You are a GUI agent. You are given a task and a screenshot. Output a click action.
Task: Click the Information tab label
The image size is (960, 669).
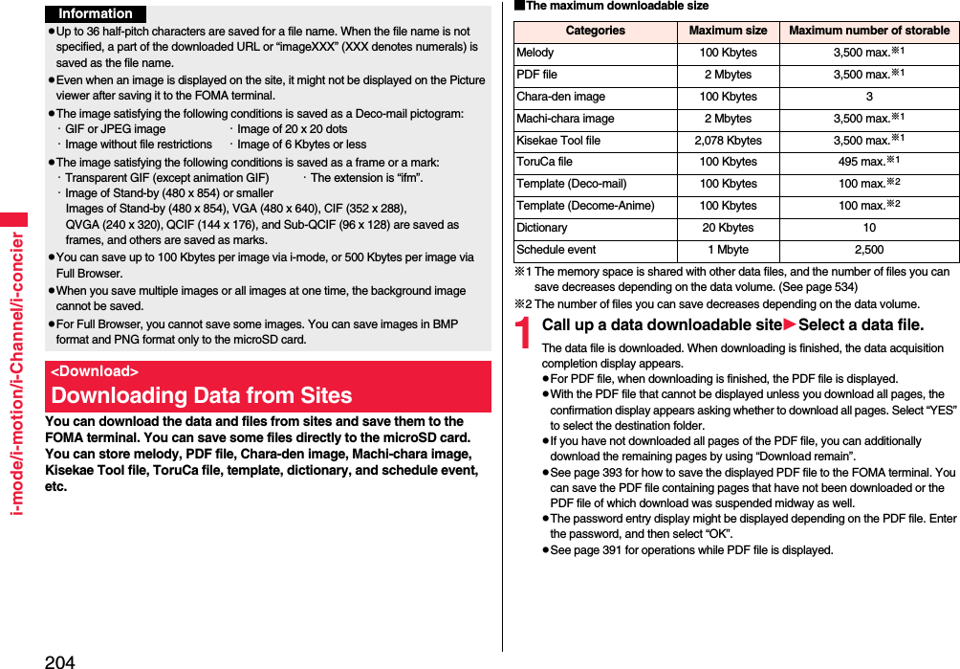coord(96,13)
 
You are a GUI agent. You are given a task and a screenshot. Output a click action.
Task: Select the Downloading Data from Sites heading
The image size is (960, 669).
coord(202,395)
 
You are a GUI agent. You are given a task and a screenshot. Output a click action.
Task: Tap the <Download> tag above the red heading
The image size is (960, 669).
coord(95,371)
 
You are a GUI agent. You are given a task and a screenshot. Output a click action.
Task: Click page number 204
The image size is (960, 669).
coord(59,660)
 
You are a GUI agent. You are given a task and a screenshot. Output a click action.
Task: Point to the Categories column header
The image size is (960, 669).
coord(595,31)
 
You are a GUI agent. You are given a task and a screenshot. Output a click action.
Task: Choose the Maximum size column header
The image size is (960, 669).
coord(728,31)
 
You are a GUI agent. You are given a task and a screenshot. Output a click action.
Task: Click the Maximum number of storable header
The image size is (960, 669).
coord(868,31)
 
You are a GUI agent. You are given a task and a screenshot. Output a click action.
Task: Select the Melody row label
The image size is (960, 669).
coord(535,53)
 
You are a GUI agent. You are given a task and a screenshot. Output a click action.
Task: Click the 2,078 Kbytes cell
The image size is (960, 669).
coord(728,141)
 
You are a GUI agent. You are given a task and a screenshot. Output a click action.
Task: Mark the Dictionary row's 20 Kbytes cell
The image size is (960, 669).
coord(728,228)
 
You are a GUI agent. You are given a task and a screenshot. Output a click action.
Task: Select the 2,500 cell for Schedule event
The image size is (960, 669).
coord(868,250)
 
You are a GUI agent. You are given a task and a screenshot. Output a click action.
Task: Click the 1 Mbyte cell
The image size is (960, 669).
coord(728,250)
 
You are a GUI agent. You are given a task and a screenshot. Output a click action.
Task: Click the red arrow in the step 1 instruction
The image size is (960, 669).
coord(790,325)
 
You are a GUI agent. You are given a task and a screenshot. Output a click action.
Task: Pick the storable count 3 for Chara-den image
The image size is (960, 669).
coord(868,97)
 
